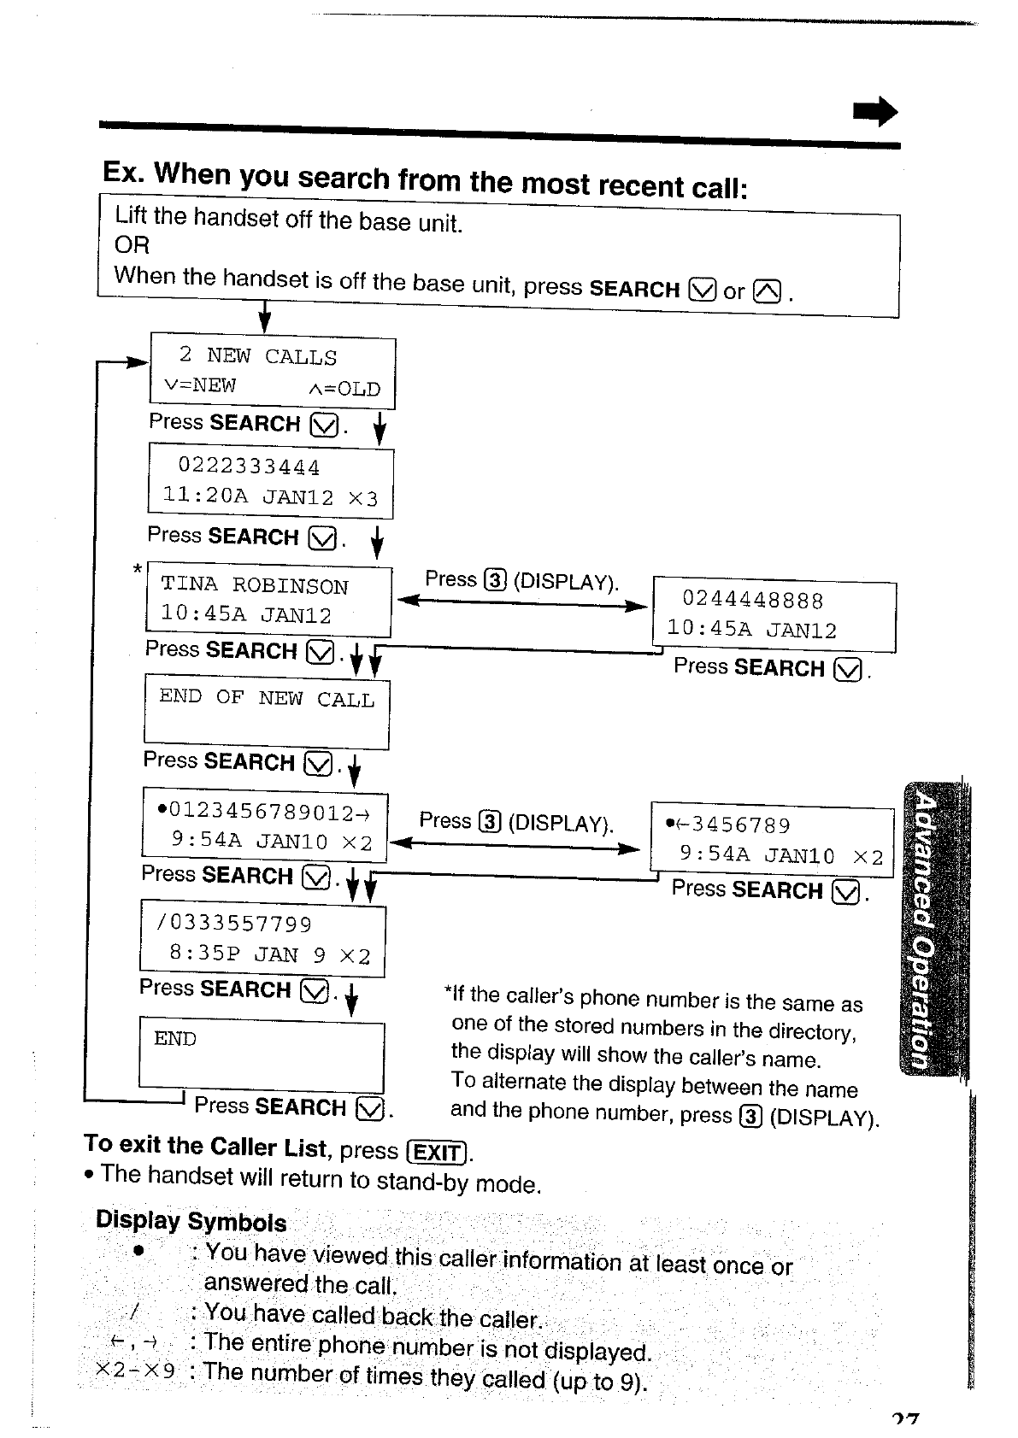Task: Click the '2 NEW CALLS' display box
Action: click(273, 372)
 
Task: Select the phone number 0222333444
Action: click(249, 467)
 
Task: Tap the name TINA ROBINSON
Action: click(255, 586)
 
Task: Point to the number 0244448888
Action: click(752, 601)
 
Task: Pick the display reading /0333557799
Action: click(235, 924)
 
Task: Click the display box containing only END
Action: click(262, 1055)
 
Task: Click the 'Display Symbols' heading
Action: click(191, 1221)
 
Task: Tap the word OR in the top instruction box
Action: click(132, 246)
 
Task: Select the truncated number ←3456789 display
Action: click(733, 825)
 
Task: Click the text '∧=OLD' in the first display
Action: click(344, 390)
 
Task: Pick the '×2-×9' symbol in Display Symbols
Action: click(136, 1371)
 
